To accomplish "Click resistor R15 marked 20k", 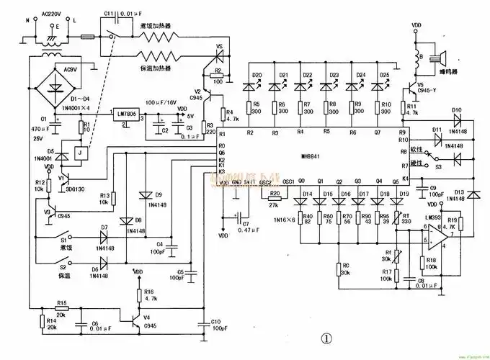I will coord(62,310).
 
